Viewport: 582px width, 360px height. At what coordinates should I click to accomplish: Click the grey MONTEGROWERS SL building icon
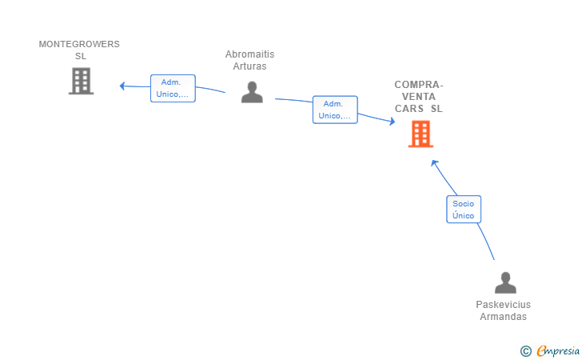[81, 81]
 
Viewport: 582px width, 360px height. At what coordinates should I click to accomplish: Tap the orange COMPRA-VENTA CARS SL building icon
[421, 134]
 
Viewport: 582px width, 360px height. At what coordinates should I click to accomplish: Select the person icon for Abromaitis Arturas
[252, 92]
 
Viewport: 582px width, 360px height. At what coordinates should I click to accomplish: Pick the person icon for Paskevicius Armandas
[505, 282]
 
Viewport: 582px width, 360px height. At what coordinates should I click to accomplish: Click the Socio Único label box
[464, 209]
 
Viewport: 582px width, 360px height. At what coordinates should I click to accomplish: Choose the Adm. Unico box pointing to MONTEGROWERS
[173, 89]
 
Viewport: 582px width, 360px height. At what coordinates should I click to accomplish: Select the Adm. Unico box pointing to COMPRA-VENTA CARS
[335, 110]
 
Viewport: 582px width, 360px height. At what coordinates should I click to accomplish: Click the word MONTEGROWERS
[79, 44]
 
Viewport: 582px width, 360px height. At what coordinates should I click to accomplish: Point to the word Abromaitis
[249, 54]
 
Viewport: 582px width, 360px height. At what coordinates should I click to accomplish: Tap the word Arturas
[249, 66]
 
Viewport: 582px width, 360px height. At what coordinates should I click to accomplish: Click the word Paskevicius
[504, 305]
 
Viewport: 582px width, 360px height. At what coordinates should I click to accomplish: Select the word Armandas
[504, 317]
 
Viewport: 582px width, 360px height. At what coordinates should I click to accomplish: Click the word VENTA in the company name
[419, 97]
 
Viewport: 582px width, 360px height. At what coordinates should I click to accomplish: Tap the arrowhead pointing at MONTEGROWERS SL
[122, 86]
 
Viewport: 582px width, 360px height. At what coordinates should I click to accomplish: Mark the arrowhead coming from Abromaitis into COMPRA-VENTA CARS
[392, 121]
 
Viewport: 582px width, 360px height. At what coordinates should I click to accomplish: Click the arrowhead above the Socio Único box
[434, 162]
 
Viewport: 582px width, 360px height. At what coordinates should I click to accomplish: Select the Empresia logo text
[558, 350]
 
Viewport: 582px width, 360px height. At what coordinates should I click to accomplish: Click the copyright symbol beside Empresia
[526, 351]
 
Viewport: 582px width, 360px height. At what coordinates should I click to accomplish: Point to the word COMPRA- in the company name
[419, 85]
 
